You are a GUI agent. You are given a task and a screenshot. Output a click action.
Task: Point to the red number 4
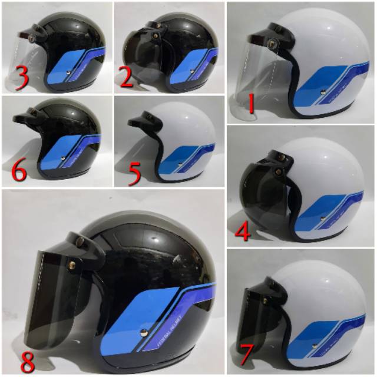click(243, 232)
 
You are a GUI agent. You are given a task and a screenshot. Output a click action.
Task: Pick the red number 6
click(19, 173)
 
